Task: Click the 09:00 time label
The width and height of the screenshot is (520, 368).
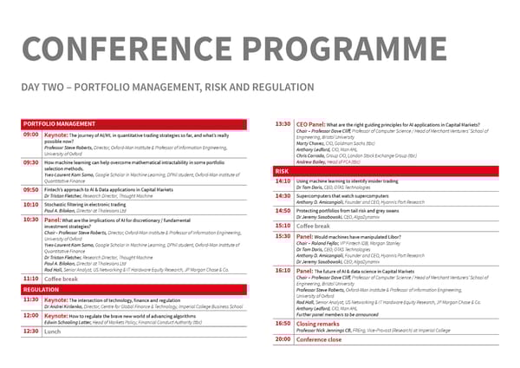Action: coord(29,135)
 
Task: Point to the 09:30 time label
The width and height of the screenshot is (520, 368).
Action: coord(29,161)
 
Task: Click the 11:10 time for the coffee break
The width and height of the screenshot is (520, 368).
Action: coord(29,279)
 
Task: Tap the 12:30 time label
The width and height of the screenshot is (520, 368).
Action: coord(29,331)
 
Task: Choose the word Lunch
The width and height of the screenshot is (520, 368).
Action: coord(52,331)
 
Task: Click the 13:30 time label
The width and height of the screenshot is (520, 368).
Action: coord(282,124)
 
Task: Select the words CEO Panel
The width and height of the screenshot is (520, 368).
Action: coord(310,124)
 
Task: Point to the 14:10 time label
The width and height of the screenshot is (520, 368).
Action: coord(282,181)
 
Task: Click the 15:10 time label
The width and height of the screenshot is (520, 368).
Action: coord(282,226)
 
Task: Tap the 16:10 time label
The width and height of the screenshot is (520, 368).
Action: coord(282,272)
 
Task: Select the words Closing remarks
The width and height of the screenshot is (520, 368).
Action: coord(316,323)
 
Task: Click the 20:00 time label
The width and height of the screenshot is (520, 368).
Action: coord(282,339)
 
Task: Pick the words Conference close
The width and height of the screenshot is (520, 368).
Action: coord(318,339)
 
